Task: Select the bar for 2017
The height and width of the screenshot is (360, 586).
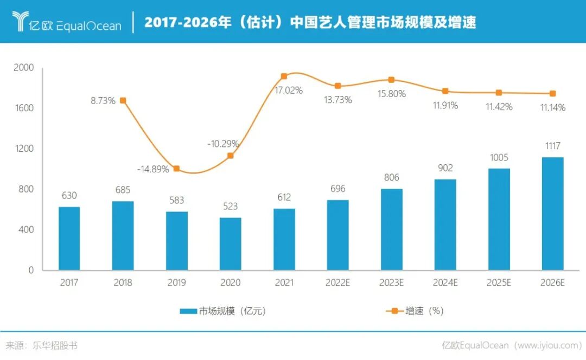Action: tap(69, 239)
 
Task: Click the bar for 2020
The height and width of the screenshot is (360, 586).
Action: tap(230, 244)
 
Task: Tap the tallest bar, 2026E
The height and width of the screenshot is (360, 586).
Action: tap(552, 214)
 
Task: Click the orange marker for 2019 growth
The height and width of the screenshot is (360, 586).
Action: tap(176, 169)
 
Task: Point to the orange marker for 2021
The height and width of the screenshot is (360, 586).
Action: tap(284, 76)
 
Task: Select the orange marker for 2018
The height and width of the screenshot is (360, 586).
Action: tap(123, 100)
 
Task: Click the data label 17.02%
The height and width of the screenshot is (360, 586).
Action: tap(289, 91)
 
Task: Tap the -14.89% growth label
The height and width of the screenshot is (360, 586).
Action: tap(153, 169)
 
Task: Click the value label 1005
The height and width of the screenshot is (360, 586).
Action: tap(499, 158)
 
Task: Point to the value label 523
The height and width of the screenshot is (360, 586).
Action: tap(230, 207)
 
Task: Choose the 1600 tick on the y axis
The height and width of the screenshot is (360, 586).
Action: tap(24, 108)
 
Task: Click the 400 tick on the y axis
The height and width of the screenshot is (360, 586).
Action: tap(27, 230)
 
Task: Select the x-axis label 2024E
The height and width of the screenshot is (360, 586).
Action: tap(445, 283)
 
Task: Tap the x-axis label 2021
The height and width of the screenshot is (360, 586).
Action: tap(284, 283)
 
